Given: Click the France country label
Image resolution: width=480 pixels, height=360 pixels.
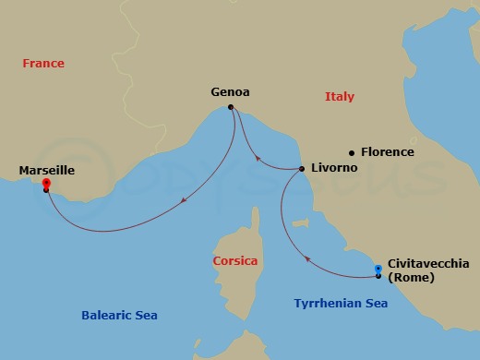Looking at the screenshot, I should pos(44,64).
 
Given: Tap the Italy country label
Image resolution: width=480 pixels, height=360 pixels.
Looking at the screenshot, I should pos(339,97).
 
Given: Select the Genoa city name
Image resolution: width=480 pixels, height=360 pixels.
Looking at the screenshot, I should pos(231,92).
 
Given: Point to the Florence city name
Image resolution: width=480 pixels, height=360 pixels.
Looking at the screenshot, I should pos(388,152).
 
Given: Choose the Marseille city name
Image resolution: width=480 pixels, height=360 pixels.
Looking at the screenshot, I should pos(46,171).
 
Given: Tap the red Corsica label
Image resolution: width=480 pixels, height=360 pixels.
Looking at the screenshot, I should pos(234,261).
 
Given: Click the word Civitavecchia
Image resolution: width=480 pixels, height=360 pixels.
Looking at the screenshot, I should pos(429,262).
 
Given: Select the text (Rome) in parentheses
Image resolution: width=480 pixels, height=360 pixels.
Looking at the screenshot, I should pos(411,277).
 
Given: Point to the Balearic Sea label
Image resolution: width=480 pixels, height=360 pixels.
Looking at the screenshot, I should pos(118,316).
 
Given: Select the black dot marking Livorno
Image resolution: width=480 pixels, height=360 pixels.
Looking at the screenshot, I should pos(303,169).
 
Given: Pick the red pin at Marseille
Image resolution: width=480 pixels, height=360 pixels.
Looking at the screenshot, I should pos(46,185).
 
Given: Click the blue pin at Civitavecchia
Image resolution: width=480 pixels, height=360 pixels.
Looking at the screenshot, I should pos(378,270).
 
